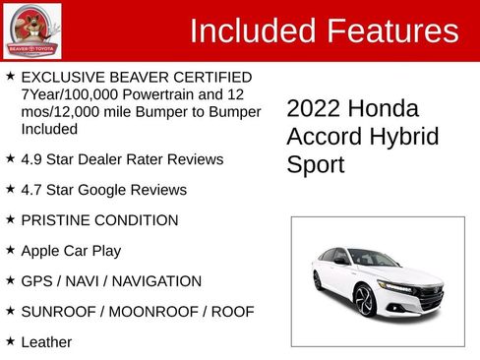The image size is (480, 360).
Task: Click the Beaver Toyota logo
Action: (32, 31)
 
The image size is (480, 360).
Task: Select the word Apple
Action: (40, 251)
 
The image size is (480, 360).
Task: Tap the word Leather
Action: (46, 342)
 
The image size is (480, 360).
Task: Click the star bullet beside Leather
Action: (10, 341)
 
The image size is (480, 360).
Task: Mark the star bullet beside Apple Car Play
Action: (10, 250)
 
